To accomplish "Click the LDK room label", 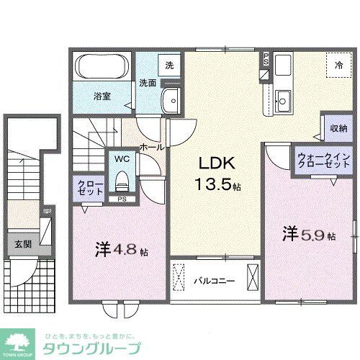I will pos(214,163).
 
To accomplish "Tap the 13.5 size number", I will pos(214,184).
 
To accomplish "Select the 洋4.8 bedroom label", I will pos(120,251).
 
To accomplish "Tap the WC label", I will pos(120,158).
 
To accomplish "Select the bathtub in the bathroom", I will pos(101,69).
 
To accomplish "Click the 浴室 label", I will pos(101,95).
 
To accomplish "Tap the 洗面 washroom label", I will pos(148,83).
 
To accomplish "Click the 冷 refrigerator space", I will pos(338,65).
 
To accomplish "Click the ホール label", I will pos(151,146).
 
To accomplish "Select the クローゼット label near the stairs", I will pos(91,189).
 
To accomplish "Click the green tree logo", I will pos(20,341).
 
